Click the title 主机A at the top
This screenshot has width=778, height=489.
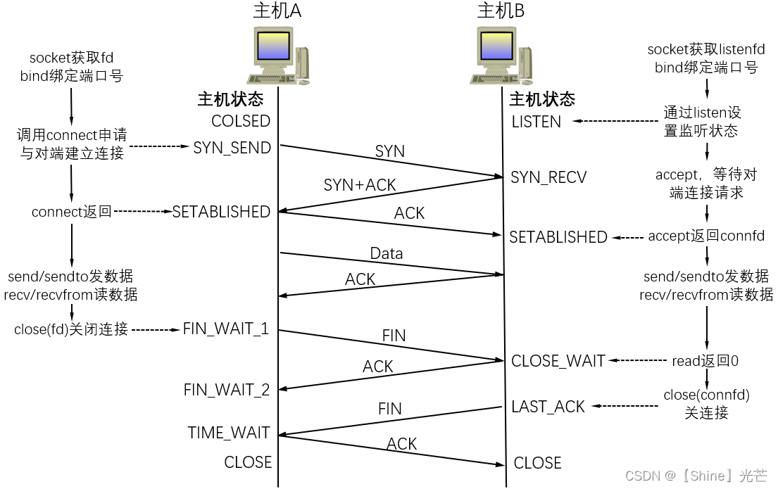(277, 11)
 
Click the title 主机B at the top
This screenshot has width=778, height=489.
(501, 11)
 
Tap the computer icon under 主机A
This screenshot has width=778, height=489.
(277, 56)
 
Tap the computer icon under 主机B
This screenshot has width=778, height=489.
(501, 56)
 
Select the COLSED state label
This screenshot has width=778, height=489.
(241, 121)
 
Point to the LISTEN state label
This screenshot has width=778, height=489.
(537, 122)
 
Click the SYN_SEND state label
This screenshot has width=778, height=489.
(232, 148)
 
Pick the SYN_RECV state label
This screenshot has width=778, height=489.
(548, 177)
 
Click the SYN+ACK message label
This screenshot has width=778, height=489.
(360, 185)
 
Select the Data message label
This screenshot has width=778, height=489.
(387, 253)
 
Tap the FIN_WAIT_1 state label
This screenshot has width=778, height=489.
(226, 329)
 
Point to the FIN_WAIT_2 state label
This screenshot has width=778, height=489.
(227, 390)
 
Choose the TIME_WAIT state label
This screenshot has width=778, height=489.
(229, 433)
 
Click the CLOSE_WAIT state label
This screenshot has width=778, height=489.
(558, 361)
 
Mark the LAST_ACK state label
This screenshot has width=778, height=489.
(548, 407)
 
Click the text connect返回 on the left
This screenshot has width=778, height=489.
(72, 212)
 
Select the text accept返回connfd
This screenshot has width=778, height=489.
(706, 236)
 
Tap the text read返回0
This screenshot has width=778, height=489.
(705, 361)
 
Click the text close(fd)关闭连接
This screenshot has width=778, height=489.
(71, 329)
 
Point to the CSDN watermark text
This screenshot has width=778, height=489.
(696, 476)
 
